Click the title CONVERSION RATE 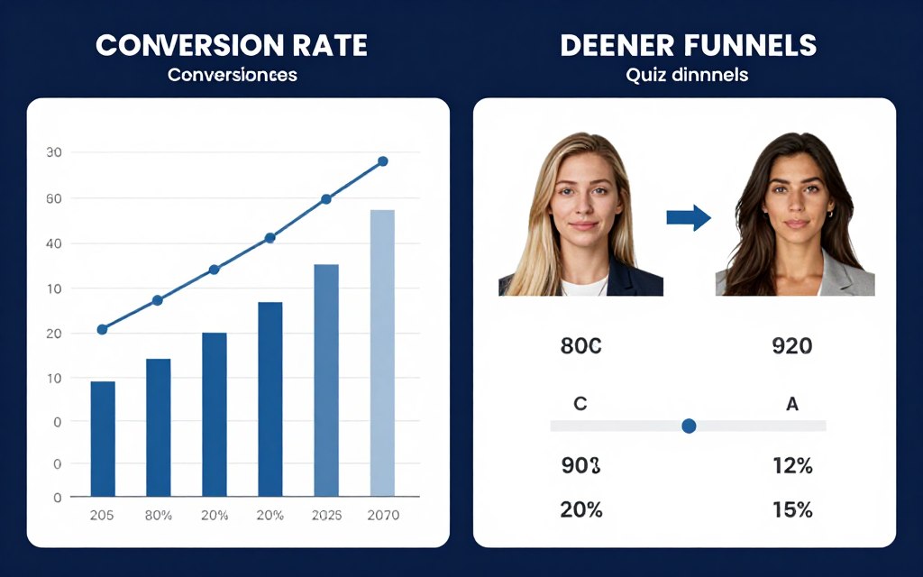(x=232, y=45)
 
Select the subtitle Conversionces (x=232, y=75)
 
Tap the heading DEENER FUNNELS (x=688, y=45)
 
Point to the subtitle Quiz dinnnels (x=687, y=75)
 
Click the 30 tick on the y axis (x=53, y=152)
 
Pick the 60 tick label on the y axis (x=53, y=197)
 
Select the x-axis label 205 (x=102, y=516)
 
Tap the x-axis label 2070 (x=382, y=516)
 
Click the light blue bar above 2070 (x=382, y=353)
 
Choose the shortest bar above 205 (x=103, y=438)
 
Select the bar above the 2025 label (x=326, y=380)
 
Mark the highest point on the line (x=382, y=161)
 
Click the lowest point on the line (x=102, y=329)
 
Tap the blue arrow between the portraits (x=689, y=217)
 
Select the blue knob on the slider (x=690, y=426)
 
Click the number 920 (x=792, y=345)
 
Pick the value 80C (x=580, y=345)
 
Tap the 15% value (x=792, y=509)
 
